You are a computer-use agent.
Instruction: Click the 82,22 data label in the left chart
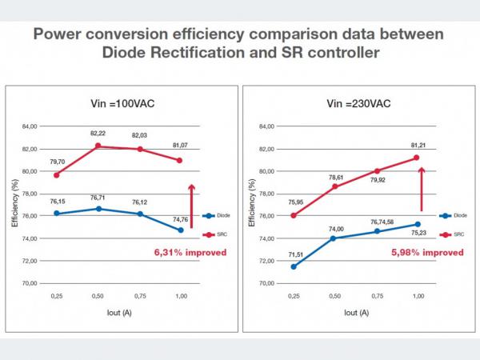tap(98, 134)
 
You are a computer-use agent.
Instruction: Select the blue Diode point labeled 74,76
tap(180, 230)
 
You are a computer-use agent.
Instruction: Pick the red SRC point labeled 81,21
tap(417, 158)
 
